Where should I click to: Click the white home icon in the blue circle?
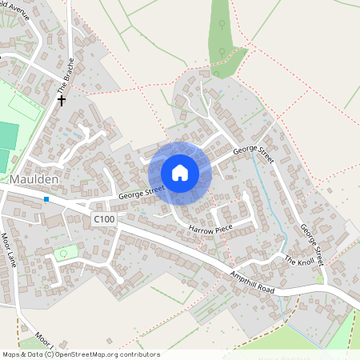pyautogui.click(x=180, y=173)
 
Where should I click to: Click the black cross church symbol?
pyautogui.click(x=62, y=102)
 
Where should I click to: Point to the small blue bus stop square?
pyautogui.click(x=46, y=198)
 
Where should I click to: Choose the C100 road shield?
pyautogui.click(x=103, y=218)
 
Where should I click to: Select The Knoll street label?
pyautogui.click(x=301, y=262)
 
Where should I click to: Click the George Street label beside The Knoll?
pyautogui.click(x=311, y=245)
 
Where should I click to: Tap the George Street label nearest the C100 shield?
pyautogui.click(x=142, y=193)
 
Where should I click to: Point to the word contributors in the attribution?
pyautogui.click(x=139, y=354)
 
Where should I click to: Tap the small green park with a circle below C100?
pyautogui.click(x=63, y=254)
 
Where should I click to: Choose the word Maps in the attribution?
pyautogui.click(x=12, y=354)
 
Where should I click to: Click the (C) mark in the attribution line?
pyautogui.click(x=49, y=354)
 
